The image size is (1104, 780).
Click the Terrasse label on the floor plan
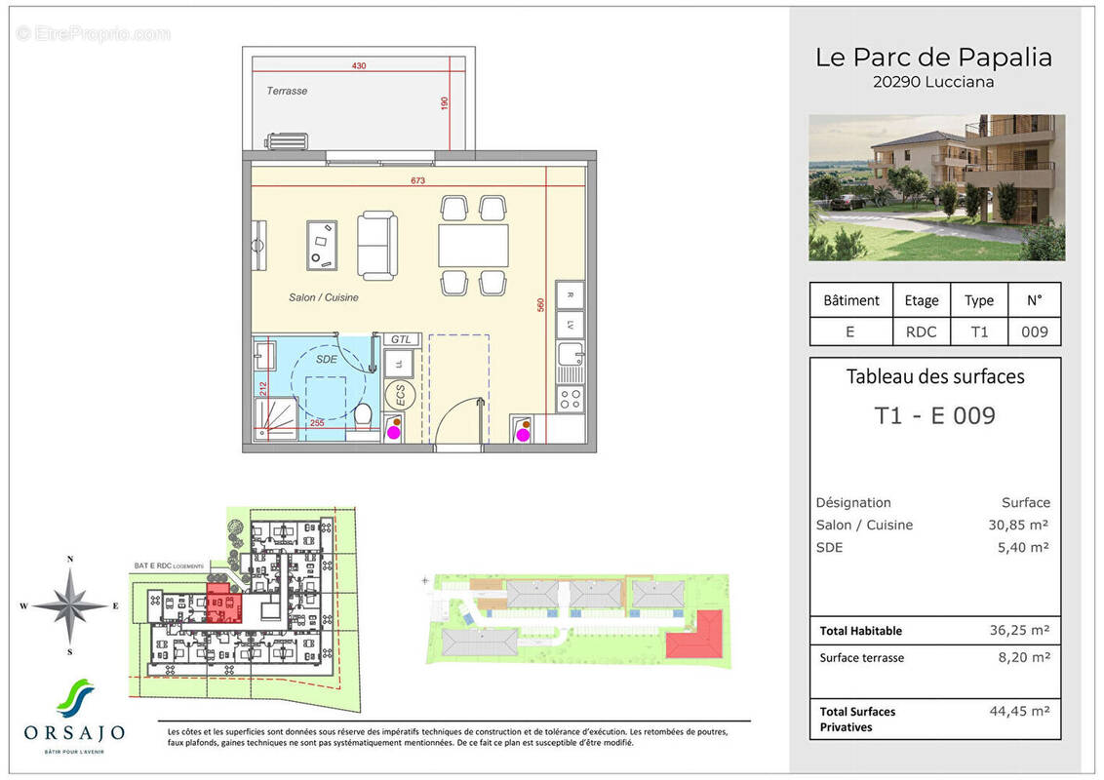pos(287,91)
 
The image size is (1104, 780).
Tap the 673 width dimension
pos(418,180)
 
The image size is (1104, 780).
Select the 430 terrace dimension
pos(359,66)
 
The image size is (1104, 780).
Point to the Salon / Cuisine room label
pos(323,297)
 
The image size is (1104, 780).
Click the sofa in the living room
pos(376,245)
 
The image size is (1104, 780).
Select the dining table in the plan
pos(473,246)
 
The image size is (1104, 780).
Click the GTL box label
pos(401,339)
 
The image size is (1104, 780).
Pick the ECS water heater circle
pos(400,395)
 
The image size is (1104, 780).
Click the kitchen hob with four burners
pos(569,398)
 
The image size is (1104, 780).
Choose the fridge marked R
pos(569,293)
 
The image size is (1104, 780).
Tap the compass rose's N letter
pos(70,559)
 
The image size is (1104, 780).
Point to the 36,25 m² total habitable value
pos(1019,631)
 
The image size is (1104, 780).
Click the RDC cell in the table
pos(921,331)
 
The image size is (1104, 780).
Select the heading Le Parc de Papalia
pos(933,58)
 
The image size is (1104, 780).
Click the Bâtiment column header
pos(850,300)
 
